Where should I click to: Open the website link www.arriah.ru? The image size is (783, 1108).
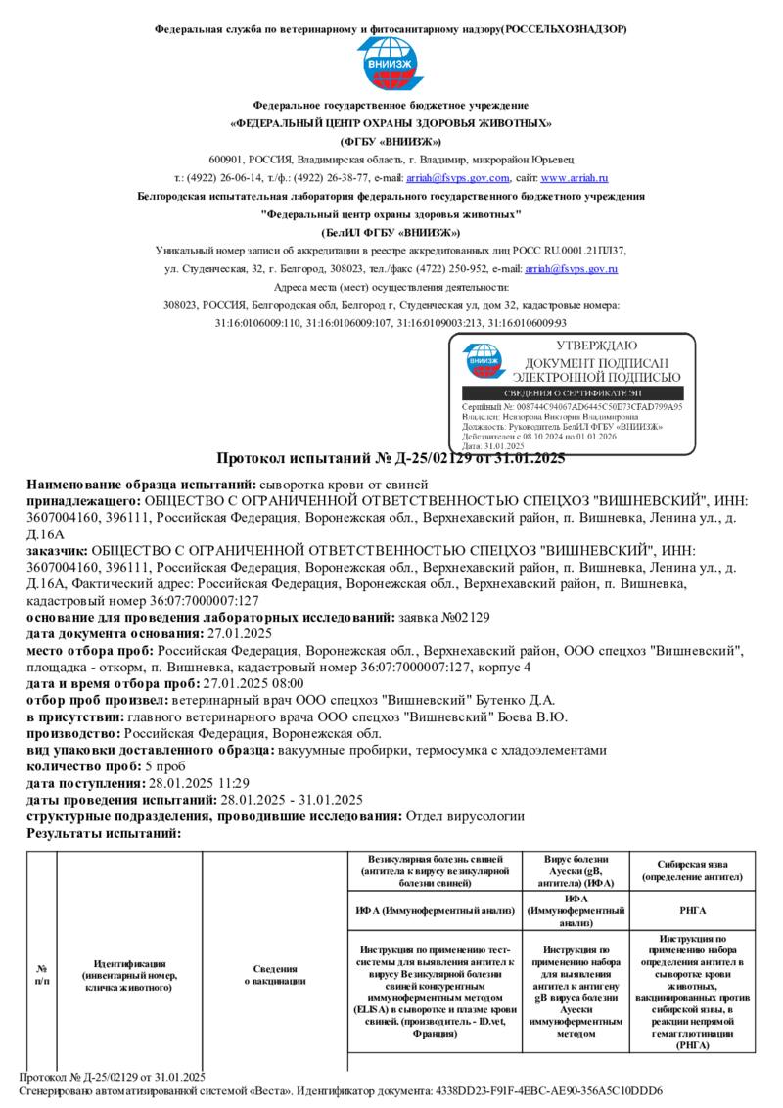coord(575,178)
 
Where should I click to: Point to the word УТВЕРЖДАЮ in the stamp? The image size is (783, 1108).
coord(596,346)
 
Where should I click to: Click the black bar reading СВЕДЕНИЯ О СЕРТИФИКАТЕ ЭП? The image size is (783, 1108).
coord(572,392)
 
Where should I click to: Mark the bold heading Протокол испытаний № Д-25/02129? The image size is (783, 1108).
coord(391,458)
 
